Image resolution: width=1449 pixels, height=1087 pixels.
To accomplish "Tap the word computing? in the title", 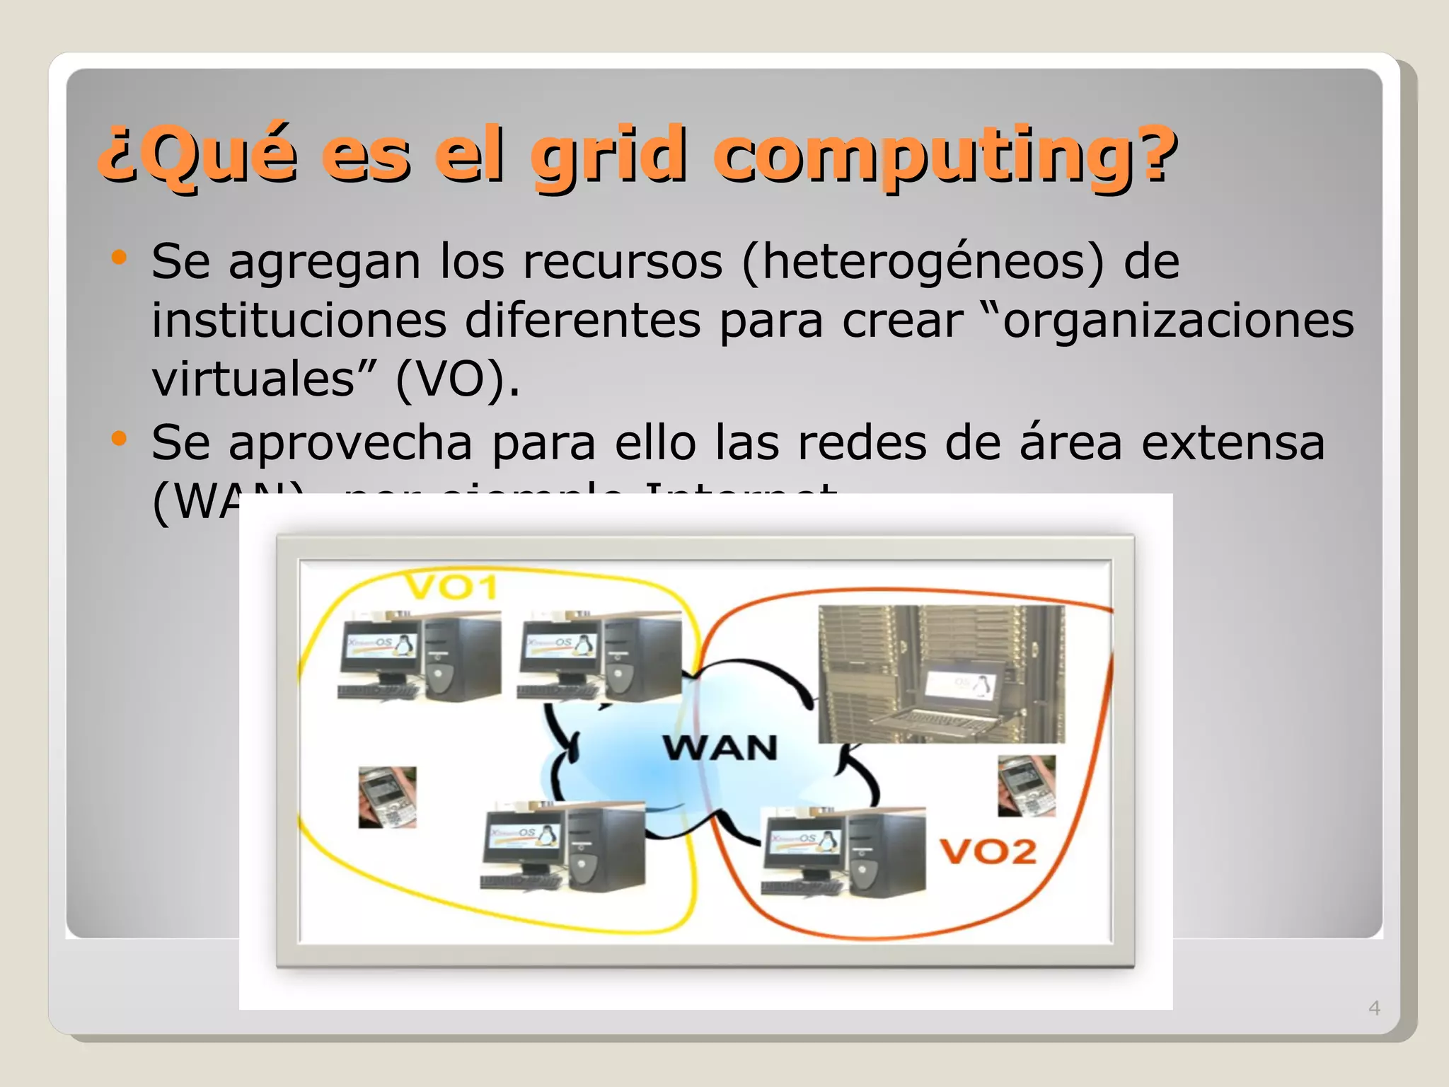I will tap(945, 154).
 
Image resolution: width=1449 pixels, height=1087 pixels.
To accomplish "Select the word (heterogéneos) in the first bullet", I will tap(923, 263).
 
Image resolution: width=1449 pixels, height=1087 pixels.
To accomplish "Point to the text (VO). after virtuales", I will tap(457, 380).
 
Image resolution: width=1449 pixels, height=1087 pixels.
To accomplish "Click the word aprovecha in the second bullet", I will tap(350, 444).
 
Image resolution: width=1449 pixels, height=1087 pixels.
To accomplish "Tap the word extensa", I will tap(1232, 444).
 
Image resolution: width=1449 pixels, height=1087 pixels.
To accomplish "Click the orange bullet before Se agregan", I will tap(119, 258).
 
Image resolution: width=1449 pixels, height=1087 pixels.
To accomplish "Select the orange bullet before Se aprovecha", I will tap(119, 439).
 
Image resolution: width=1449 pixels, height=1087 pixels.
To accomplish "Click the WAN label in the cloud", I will tap(720, 748).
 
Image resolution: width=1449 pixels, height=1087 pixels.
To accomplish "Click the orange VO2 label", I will tap(988, 851).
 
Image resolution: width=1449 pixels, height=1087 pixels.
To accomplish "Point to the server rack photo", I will tap(941, 673).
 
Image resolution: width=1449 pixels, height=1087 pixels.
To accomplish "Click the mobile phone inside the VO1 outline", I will tap(387, 797).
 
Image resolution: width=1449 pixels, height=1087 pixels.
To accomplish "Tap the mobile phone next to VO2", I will tap(1026, 786).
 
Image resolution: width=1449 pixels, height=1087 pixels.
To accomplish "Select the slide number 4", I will tap(1374, 1008).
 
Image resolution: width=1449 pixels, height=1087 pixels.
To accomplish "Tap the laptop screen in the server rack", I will tap(960, 685).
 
